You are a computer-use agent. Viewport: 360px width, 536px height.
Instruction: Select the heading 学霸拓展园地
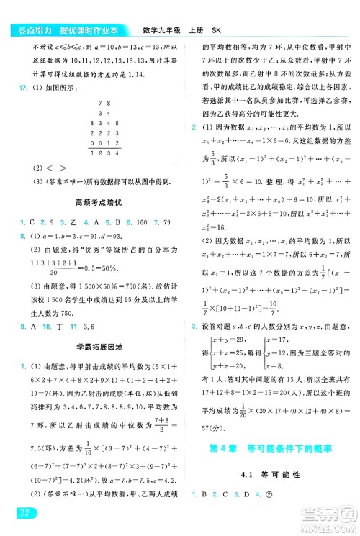tap(97, 348)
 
